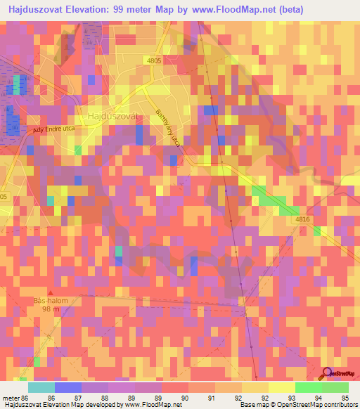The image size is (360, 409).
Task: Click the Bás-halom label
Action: point(51,301)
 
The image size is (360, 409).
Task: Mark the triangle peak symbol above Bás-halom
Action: point(50,292)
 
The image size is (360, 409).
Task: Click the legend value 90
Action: point(184,398)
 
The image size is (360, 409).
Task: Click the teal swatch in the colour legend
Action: point(41,387)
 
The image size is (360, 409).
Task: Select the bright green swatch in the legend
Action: point(308,387)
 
